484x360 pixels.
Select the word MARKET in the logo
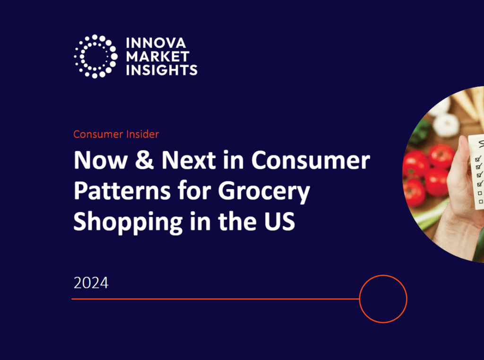coord(158,57)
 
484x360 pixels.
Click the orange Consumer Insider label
coord(116,134)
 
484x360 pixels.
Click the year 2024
coord(91,283)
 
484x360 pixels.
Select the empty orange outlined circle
coord(383,299)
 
